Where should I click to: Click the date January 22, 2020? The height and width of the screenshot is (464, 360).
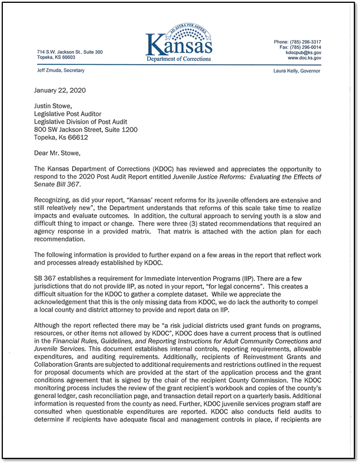coord(60,90)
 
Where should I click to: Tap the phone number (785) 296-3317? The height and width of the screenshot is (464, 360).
coord(305,42)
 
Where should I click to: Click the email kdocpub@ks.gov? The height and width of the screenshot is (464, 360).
coord(305,52)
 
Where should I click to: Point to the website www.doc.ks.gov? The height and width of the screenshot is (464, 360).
coord(304,58)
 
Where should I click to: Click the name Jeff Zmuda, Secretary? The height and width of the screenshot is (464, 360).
coord(57,71)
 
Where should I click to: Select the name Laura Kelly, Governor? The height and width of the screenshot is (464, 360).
coord(296,71)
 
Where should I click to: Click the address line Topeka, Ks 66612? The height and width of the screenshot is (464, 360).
coord(61,137)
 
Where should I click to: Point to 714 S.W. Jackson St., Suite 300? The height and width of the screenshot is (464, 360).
coord(70,52)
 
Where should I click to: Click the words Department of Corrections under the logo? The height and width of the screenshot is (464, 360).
coord(179,59)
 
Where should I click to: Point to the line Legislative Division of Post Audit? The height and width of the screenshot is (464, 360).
coord(81,122)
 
